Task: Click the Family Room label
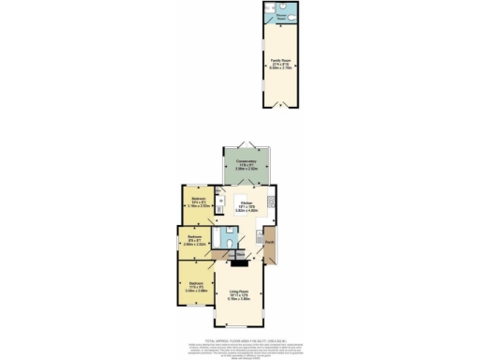coord(277,59)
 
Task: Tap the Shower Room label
coord(279,16)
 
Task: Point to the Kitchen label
coord(247,203)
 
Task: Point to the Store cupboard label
coord(240,253)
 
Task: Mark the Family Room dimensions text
coord(277,67)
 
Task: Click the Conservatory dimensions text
coord(246,169)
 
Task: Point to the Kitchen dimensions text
coord(247,211)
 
